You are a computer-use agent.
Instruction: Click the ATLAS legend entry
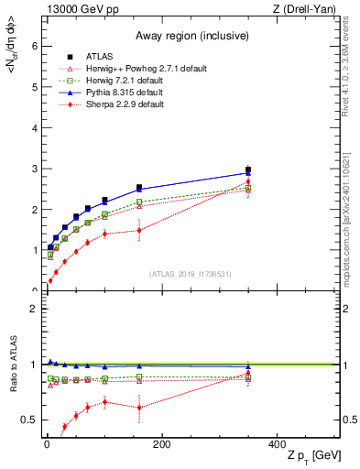click(x=93, y=55)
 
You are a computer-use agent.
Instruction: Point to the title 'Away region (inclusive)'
click(x=192, y=37)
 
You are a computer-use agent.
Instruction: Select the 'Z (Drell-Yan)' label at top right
click(x=306, y=9)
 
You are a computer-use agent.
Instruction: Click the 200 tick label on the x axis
click(x=161, y=444)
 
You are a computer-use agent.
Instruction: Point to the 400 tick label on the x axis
click(x=276, y=444)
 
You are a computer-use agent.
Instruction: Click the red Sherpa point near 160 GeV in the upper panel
click(x=139, y=230)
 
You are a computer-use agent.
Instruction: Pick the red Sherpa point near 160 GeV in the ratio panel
click(x=139, y=408)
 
